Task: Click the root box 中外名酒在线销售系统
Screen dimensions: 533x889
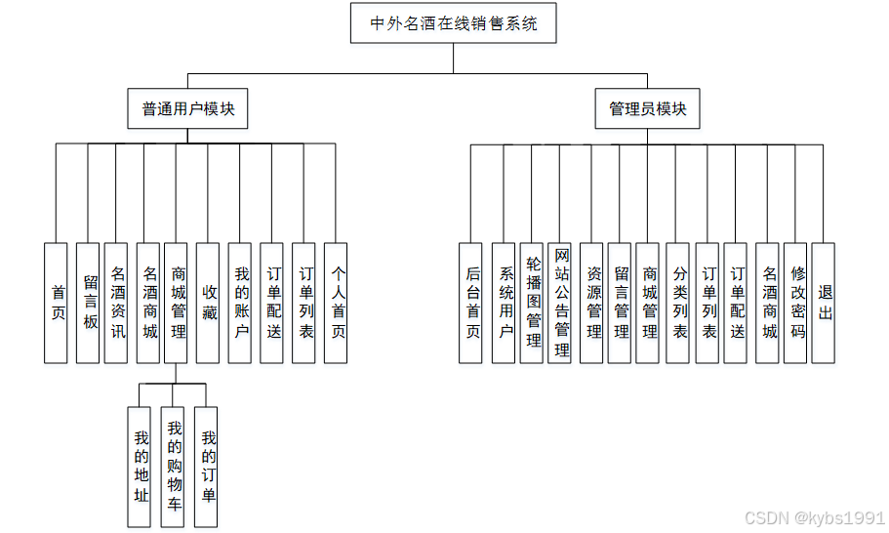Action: point(454,23)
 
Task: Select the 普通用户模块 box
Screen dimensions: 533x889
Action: point(188,109)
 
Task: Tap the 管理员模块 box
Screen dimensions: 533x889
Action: point(648,109)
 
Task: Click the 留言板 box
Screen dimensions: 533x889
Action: point(89,303)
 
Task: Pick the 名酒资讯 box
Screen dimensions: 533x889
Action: point(117,303)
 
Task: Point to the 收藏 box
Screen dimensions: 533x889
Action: point(209,303)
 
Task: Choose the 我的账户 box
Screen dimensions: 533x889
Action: point(241,303)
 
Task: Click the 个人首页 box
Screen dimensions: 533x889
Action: point(337,303)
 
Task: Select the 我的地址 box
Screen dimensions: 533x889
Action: point(141,468)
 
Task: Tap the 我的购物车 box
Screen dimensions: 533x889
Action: point(175,468)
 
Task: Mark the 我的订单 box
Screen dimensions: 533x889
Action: point(207,468)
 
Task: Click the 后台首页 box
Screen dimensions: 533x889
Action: point(471,303)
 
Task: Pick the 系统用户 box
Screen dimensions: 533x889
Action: point(505,303)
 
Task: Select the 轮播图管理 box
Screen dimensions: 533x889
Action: point(533,303)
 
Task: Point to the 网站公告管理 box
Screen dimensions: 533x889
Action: point(561,303)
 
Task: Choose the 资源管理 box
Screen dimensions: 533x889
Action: point(592,303)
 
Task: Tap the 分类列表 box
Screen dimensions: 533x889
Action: point(679,303)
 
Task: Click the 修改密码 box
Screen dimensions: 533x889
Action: point(797,303)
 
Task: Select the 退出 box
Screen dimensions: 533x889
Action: point(825,303)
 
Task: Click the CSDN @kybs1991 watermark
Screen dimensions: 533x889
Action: point(815,517)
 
